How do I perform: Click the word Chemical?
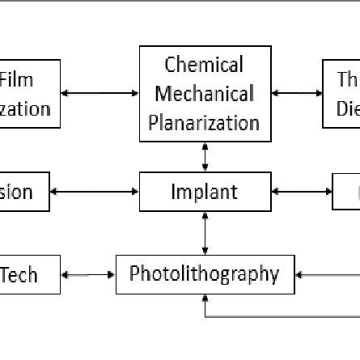tap(204, 65)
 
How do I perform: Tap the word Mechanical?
tap(204, 94)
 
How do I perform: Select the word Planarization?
tap(204, 123)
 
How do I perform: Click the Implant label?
tap(204, 193)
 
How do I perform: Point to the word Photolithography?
tap(204, 274)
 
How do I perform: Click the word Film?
tap(17, 80)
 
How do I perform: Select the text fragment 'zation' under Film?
tap(24, 108)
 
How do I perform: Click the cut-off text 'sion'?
tap(16, 193)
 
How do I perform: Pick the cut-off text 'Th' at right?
tap(347, 80)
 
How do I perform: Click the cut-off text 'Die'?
tap(347, 108)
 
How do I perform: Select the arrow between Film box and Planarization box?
tap(100, 93)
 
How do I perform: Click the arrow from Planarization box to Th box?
tap(297, 93)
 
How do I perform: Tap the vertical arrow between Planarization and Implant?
tap(205, 157)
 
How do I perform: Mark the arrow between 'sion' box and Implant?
tap(95, 192)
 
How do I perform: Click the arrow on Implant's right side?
tap(302, 192)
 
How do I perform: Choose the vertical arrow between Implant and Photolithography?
tap(205, 233)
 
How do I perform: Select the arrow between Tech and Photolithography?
tap(88, 275)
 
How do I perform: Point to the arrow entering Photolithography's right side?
tap(324, 275)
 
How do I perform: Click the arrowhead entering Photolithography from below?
tap(205, 300)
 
